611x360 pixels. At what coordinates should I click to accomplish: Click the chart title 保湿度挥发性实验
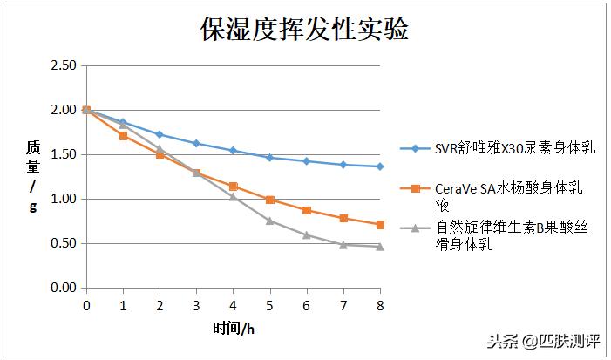click(x=305, y=31)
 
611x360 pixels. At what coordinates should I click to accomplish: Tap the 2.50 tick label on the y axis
click(x=64, y=65)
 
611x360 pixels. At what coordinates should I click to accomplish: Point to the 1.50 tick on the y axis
click(x=64, y=154)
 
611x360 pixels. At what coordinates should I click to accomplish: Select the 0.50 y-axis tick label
click(x=64, y=243)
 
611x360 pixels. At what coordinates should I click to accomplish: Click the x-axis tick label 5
click(x=269, y=305)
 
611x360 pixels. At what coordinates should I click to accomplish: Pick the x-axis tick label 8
click(x=379, y=305)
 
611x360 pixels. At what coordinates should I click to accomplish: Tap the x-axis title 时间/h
click(x=233, y=328)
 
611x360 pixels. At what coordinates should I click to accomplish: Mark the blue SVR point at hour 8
click(x=379, y=166)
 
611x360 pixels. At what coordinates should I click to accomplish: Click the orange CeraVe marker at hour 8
click(x=379, y=225)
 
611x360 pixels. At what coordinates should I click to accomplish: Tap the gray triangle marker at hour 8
click(x=379, y=247)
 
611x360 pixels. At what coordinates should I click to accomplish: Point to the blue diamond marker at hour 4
click(x=233, y=151)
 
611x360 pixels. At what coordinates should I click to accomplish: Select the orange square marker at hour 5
click(x=269, y=200)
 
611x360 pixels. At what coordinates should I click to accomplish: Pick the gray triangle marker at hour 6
click(x=306, y=234)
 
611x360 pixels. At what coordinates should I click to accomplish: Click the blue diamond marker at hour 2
click(x=160, y=134)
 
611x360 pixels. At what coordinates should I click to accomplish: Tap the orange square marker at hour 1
click(x=123, y=135)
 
